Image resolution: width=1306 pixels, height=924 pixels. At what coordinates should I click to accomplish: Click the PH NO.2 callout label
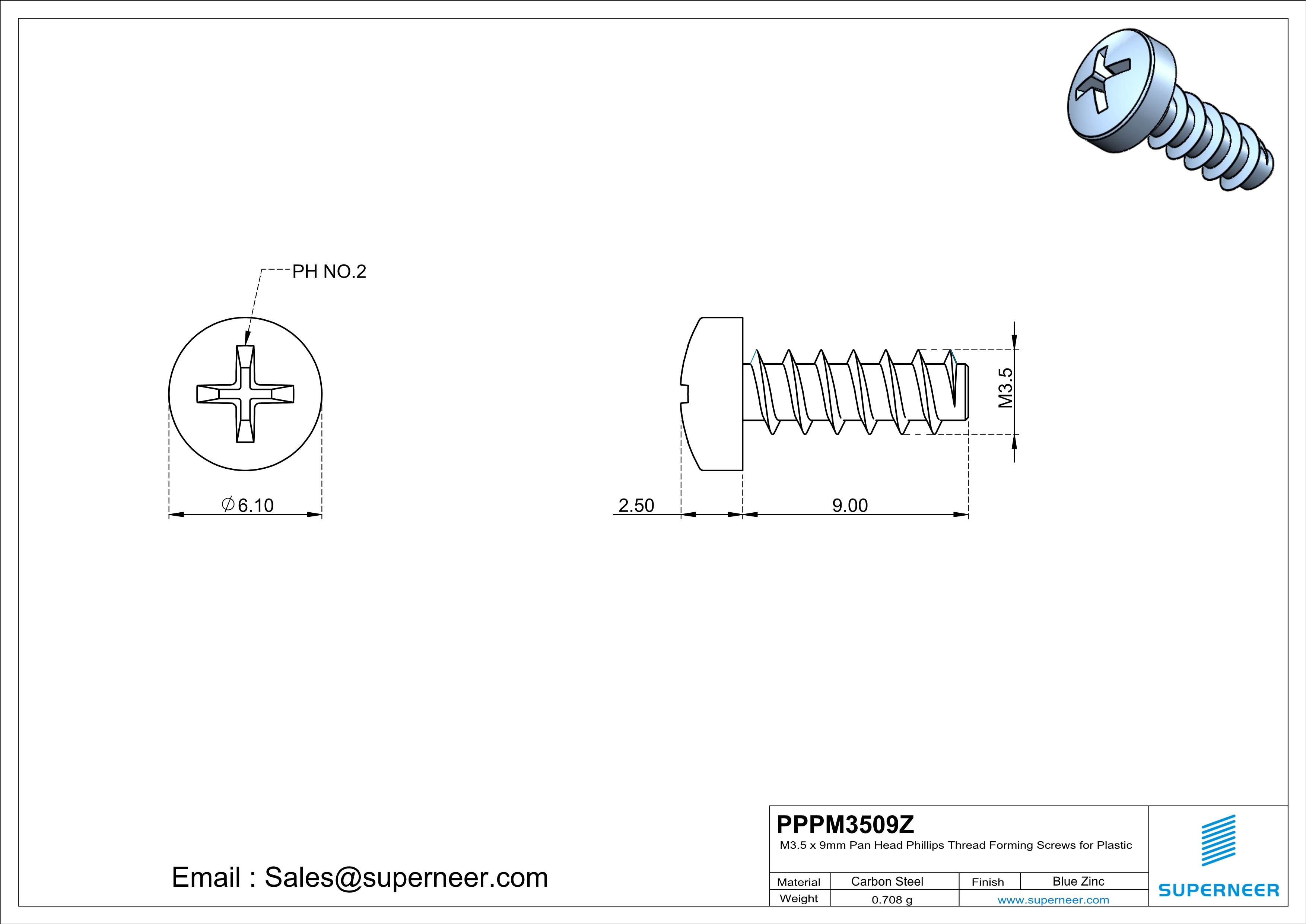[x=329, y=272]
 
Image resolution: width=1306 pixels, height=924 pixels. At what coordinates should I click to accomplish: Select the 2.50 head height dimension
[x=636, y=505]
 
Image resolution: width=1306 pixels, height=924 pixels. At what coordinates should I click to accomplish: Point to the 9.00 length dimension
[x=850, y=505]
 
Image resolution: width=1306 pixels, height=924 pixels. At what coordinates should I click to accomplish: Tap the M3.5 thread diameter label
[x=1005, y=388]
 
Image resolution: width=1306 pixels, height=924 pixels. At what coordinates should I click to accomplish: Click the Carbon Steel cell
[x=887, y=881]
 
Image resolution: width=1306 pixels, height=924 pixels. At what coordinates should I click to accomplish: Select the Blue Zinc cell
[x=1078, y=881]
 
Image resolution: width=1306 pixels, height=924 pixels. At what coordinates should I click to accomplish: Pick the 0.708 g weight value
[x=891, y=899]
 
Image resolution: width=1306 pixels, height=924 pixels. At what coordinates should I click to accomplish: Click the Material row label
[x=799, y=882]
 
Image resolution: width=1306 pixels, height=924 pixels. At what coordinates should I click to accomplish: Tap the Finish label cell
[x=988, y=882]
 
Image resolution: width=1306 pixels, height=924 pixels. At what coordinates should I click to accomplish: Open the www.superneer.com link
[x=1053, y=899]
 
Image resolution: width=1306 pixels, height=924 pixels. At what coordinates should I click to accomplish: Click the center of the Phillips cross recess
[x=245, y=394]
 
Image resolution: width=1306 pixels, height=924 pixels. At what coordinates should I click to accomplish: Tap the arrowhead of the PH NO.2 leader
[x=247, y=340]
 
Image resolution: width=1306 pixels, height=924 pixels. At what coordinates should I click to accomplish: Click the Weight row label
[x=799, y=898]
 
